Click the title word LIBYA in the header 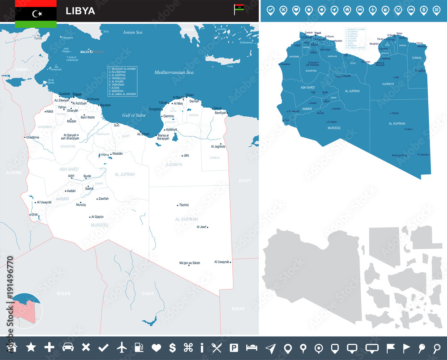[x=80, y=11]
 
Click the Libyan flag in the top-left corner [x=36, y=13]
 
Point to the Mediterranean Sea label [x=174, y=72]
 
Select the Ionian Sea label [x=132, y=32]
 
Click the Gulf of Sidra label [x=134, y=115]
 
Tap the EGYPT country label [x=245, y=181]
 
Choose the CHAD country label [x=148, y=293]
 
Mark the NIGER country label [x=64, y=293]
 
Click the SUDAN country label [x=238, y=309]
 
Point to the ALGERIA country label [x=10, y=172]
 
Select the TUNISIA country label [x=21, y=70]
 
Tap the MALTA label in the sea [x=85, y=52]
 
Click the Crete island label [x=230, y=66]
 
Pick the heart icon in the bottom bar [x=156, y=347]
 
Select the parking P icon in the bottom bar [x=233, y=347]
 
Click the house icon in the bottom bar [x=12, y=347]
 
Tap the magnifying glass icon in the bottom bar [x=437, y=347]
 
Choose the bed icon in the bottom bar [x=252, y=347]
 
